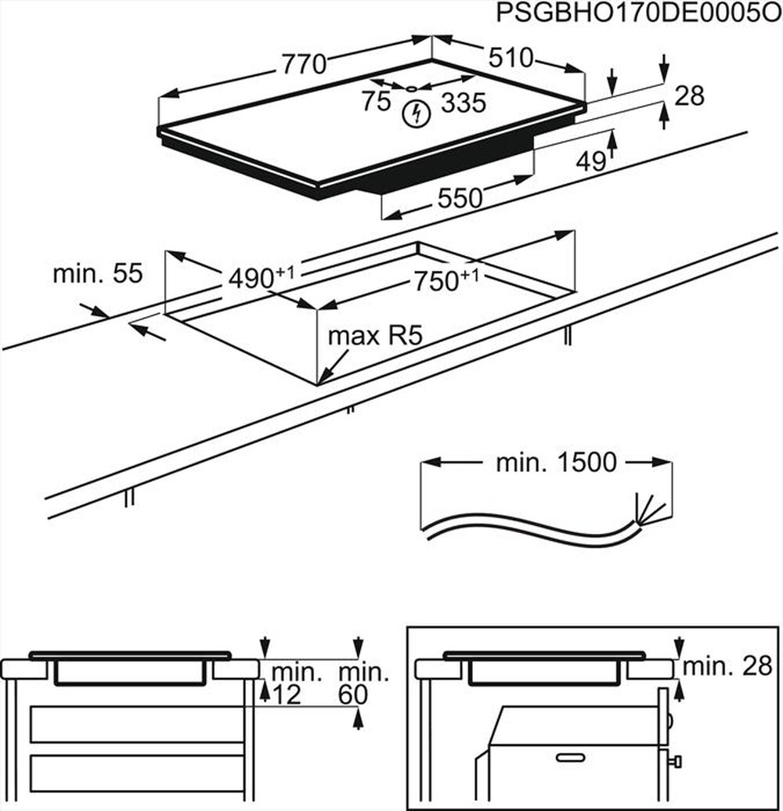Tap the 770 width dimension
(304, 64)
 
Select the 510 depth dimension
(511, 58)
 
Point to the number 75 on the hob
(376, 101)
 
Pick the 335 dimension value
(464, 103)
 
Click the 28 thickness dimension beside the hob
(690, 96)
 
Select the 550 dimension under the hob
(460, 199)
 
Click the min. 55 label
(98, 274)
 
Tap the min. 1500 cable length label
(556, 463)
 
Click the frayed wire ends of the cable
(650, 510)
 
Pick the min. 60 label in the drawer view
(363, 683)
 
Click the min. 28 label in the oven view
(727, 666)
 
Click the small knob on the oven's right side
(676, 760)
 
